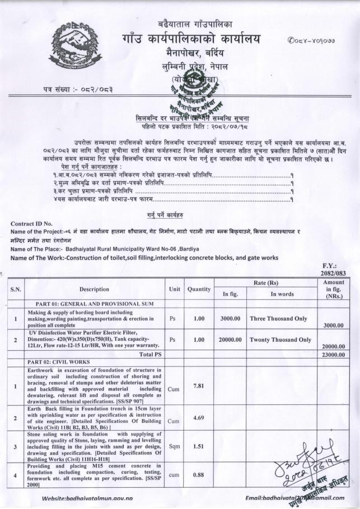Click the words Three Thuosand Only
pos(278,318)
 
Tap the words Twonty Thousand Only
pos(280,340)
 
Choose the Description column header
pos(93,289)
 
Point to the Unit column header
pos(173,289)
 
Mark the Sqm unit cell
pos(173,447)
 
